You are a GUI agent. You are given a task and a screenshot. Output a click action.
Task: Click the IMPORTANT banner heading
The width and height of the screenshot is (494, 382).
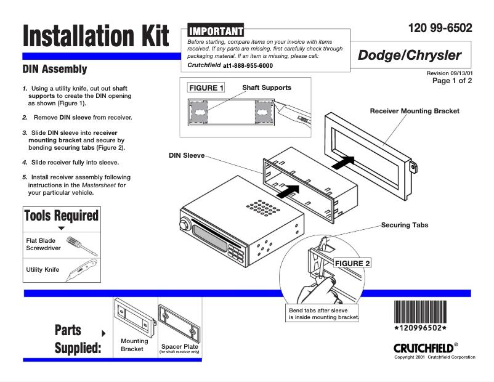tap(216, 31)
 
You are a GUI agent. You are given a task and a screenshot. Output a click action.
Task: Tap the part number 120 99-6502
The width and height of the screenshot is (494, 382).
tap(440, 28)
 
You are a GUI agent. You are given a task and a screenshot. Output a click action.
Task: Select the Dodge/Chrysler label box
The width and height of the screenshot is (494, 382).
tap(410, 55)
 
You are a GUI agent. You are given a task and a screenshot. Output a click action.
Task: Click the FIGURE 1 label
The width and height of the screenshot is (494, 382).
tap(206, 88)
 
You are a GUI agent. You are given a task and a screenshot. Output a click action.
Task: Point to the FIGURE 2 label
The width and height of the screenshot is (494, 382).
tap(352, 263)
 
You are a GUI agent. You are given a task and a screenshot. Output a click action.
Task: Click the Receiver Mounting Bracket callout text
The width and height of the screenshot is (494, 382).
tap(414, 111)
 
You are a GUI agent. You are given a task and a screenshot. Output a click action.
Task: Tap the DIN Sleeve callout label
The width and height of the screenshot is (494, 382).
tap(187, 155)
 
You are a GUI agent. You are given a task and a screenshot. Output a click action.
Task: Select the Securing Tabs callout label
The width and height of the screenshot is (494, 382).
tap(404, 225)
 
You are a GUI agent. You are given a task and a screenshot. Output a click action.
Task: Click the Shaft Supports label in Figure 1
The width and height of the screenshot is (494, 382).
tap(267, 87)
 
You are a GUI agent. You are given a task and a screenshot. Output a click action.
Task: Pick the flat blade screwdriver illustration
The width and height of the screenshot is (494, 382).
tap(80, 245)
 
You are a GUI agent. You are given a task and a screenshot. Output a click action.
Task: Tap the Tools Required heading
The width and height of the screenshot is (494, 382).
tap(61, 216)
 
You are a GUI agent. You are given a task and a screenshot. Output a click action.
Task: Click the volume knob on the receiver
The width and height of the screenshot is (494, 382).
tap(183, 222)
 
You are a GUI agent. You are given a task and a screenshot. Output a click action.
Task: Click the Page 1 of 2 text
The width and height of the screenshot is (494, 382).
tap(452, 81)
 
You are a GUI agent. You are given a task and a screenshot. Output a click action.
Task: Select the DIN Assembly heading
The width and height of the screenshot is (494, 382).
tap(55, 69)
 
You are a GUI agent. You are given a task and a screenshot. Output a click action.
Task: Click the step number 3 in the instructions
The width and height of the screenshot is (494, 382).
tap(25, 132)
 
